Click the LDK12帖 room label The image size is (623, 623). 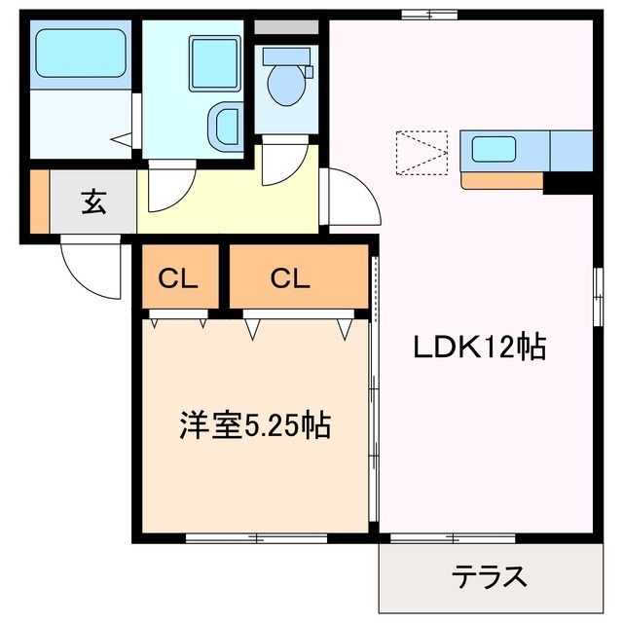(481, 347)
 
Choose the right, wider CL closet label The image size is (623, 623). (290, 280)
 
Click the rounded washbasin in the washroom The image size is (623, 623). (226, 126)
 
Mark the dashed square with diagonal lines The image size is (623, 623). (421, 154)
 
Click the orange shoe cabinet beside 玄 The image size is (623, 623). (39, 202)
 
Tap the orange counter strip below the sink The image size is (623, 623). (501, 180)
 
